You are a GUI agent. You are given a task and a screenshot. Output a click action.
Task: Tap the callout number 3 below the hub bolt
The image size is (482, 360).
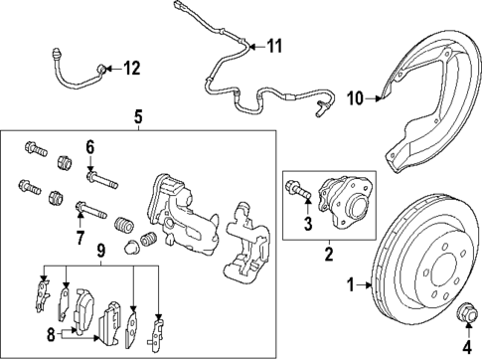306,221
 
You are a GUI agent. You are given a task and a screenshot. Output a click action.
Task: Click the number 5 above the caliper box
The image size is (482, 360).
138,115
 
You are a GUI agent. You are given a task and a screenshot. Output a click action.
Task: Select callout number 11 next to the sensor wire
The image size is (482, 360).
274,45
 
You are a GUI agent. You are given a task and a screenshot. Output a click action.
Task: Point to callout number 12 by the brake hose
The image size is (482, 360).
132,68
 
